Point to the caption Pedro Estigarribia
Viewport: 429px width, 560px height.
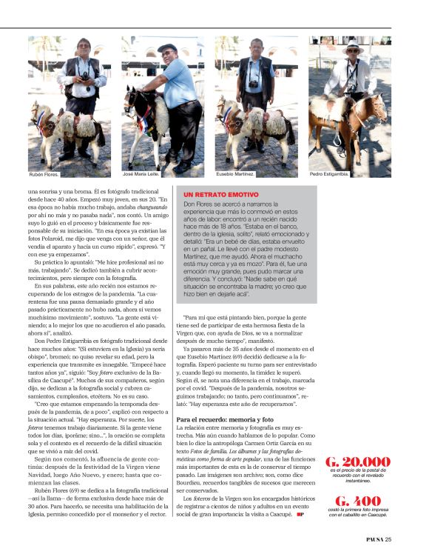point(329,175)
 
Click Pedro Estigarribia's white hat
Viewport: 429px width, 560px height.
point(353,47)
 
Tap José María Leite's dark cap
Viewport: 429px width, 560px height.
point(167,48)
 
